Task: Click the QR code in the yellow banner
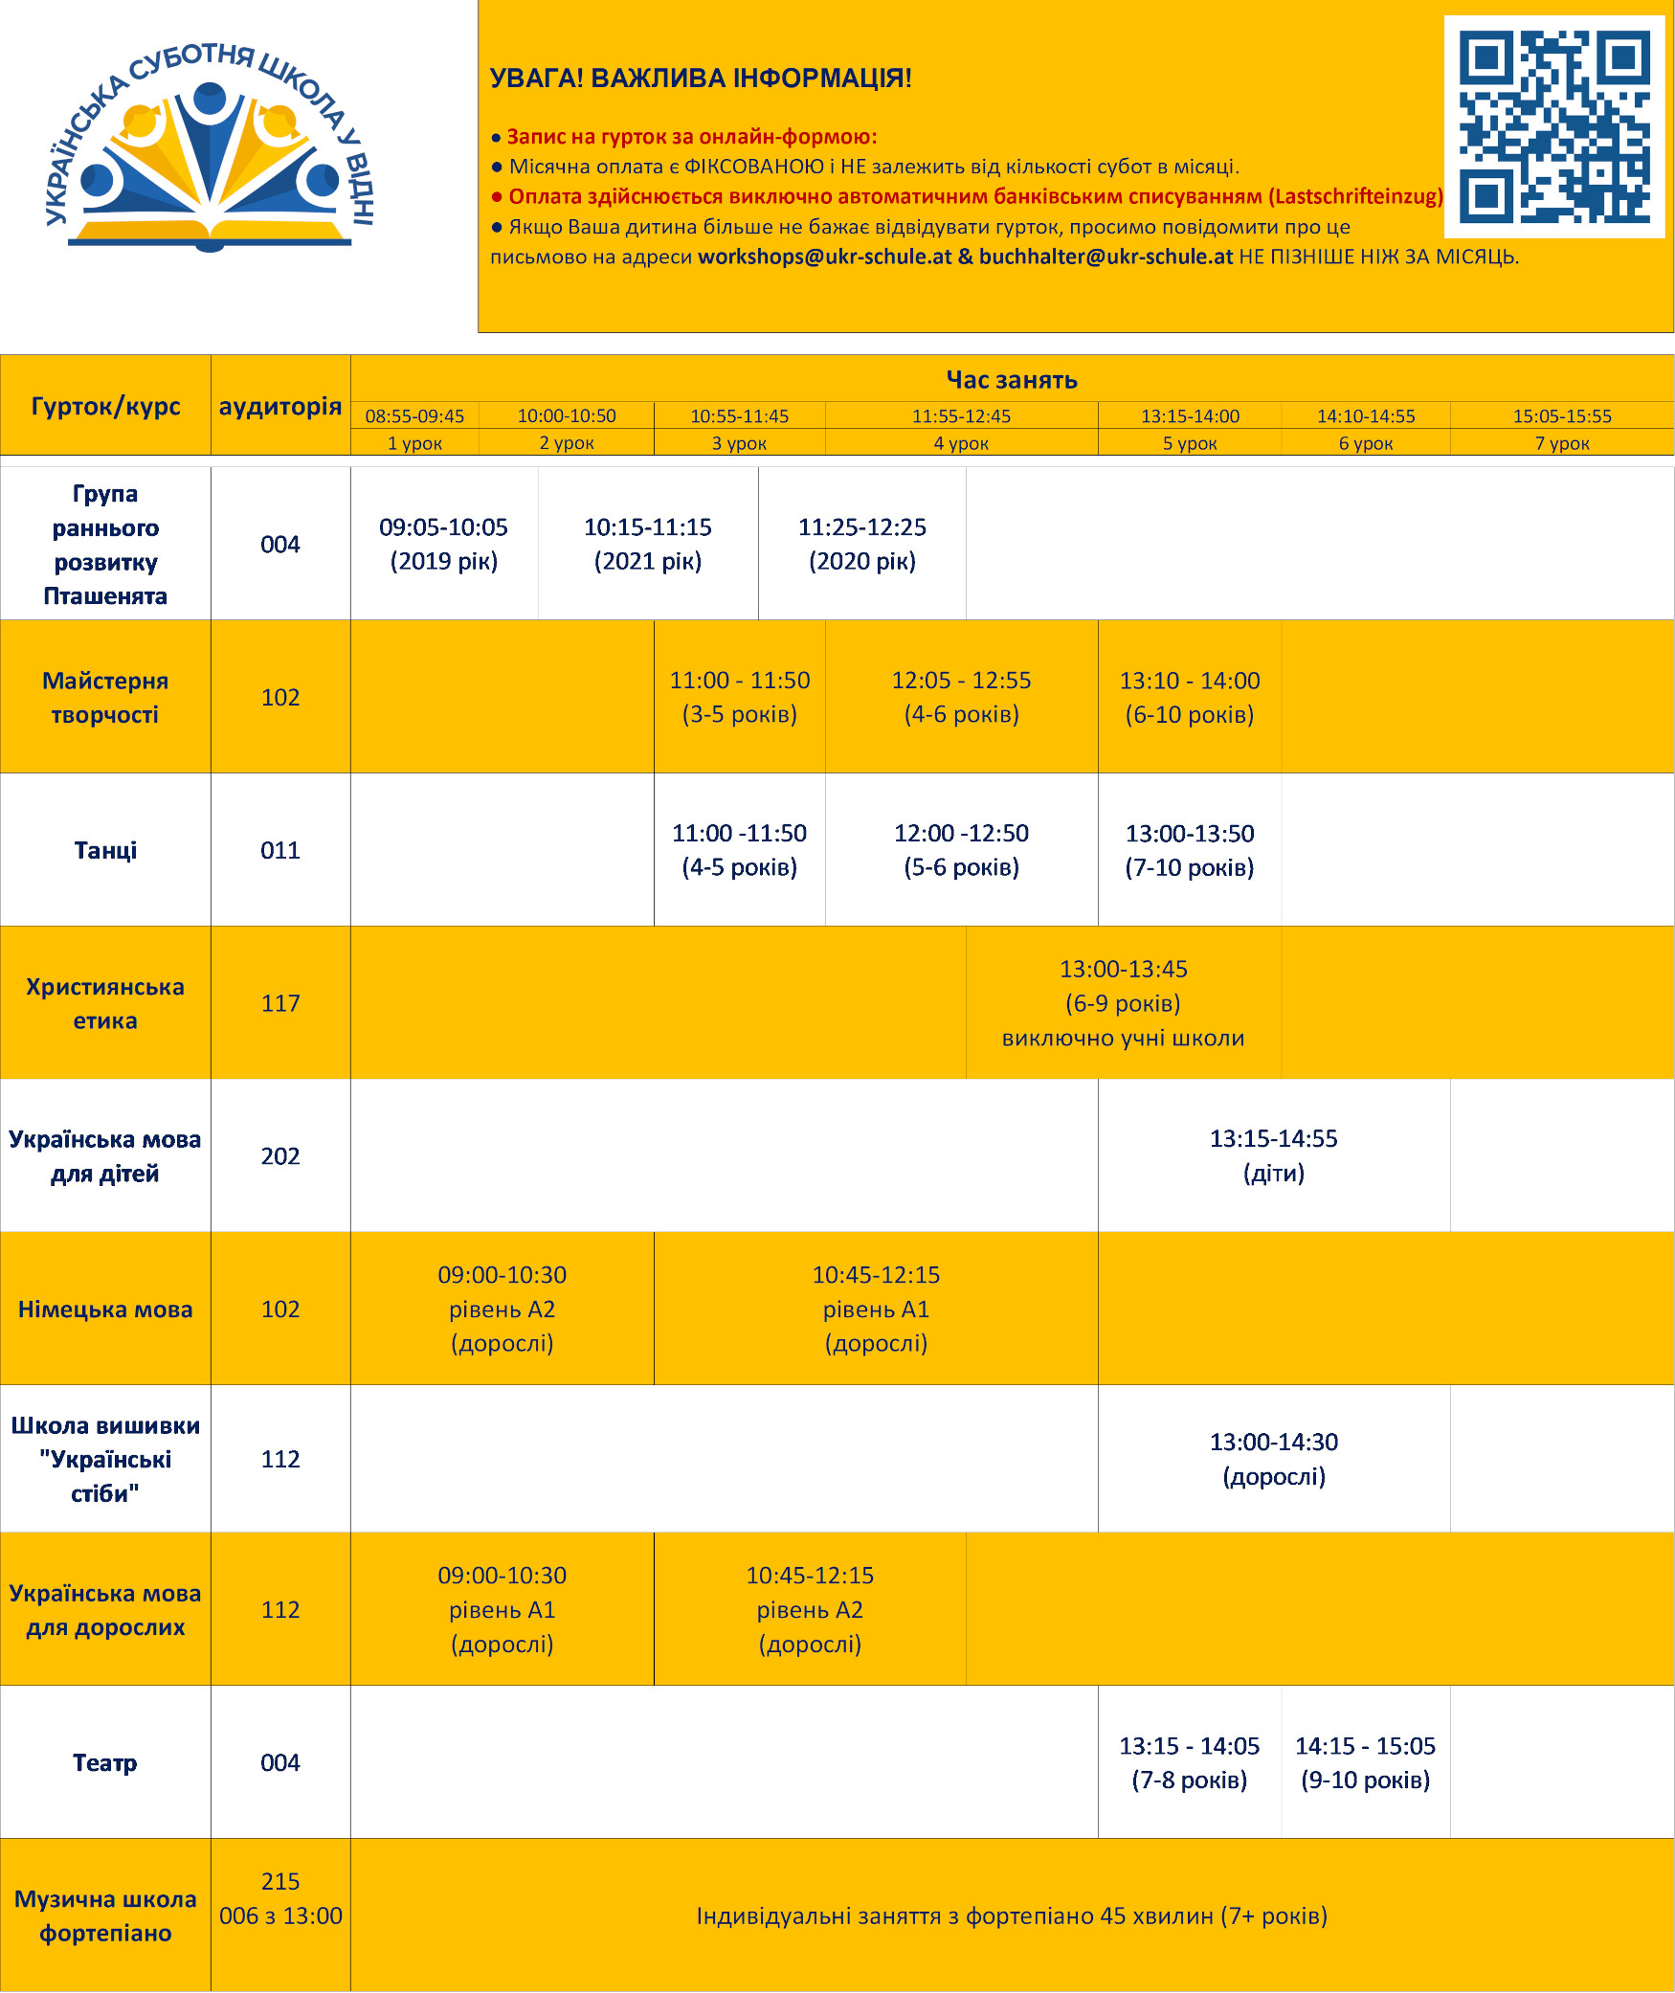[x=1553, y=126]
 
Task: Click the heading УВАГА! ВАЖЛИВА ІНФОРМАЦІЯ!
[x=701, y=78]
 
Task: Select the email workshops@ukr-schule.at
[x=824, y=257]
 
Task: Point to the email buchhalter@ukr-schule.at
[x=1105, y=257]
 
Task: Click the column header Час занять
[x=1012, y=380]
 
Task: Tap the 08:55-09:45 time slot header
[x=414, y=416]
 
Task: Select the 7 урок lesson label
[x=1561, y=443]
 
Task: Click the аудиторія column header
[x=280, y=406]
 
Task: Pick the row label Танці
[x=105, y=850]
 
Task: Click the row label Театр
[x=105, y=1762]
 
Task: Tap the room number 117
[x=280, y=1003]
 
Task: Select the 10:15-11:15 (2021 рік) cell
[x=648, y=544]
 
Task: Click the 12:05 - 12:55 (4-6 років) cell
[x=961, y=697]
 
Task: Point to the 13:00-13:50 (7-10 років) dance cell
[x=1189, y=850]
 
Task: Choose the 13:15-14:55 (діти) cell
[x=1273, y=1155]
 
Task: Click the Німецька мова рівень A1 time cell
[x=876, y=1309]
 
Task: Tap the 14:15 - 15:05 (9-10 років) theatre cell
[x=1365, y=1762]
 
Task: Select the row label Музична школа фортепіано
[x=105, y=1915]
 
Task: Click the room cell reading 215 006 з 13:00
[x=280, y=1898]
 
